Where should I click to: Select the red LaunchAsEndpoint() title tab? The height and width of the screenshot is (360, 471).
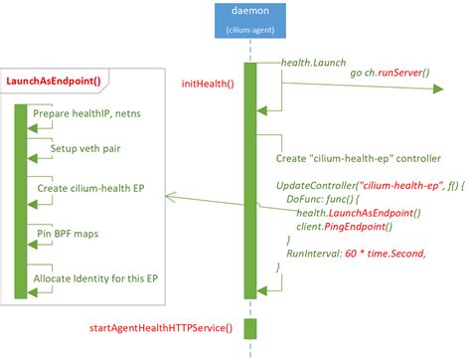coord(59,81)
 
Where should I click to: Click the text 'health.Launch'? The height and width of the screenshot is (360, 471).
coord(313,63)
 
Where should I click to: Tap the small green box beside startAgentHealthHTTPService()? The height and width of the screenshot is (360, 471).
coord(249,327)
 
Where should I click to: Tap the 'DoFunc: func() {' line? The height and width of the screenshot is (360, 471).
coord(328,199)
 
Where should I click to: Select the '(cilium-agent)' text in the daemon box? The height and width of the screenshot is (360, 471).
coord(250,31)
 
